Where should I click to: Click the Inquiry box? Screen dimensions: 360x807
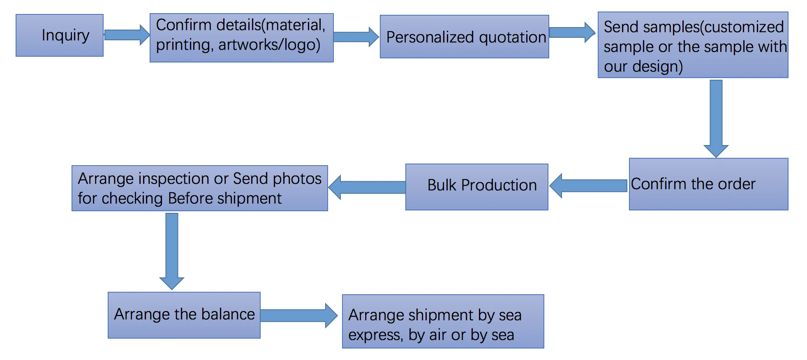coord(60,35)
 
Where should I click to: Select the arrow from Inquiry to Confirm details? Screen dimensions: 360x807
coord(126,35)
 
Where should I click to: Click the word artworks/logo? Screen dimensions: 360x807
coord(269,45)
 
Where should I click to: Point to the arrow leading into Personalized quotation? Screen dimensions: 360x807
coord(356,37)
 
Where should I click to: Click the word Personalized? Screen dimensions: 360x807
coord(430,37)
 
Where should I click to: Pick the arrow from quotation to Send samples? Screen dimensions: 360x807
coord(571,32)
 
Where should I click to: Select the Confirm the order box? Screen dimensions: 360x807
coord(708,184)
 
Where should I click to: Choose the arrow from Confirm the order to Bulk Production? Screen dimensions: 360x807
coord(588,186)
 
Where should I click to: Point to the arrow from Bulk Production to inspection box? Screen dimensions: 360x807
coord(367,187)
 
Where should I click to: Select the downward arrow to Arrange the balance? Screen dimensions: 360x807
coord(172,251)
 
